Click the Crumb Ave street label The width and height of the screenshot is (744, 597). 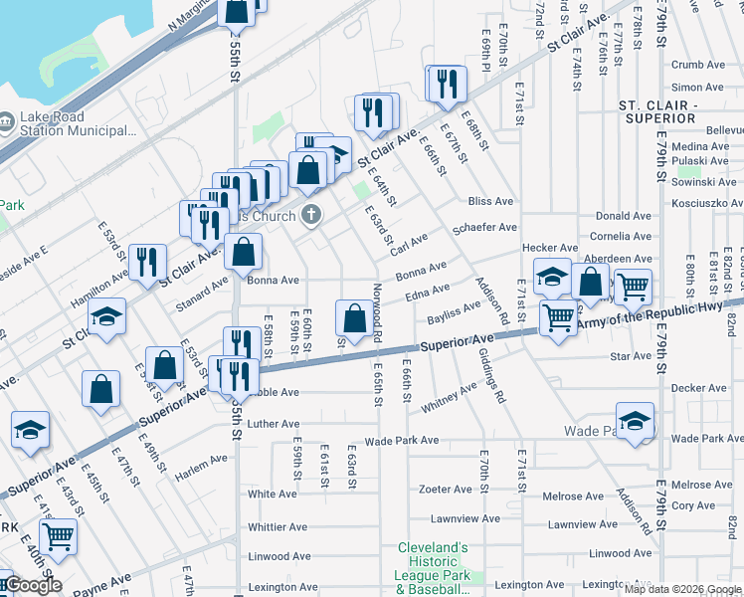coord(697,65)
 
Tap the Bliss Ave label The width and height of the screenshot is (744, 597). coord(489,200)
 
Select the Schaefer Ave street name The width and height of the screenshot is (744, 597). coord(484,228)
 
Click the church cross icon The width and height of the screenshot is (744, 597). coord(312,215)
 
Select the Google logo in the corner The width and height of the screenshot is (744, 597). coord(32,584)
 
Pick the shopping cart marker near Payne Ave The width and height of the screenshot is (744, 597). coord(59,536)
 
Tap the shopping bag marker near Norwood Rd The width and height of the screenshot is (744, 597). coord(354,318)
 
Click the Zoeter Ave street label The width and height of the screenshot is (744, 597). coord(445,490)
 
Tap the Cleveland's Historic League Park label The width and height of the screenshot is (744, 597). coord(433,561)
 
